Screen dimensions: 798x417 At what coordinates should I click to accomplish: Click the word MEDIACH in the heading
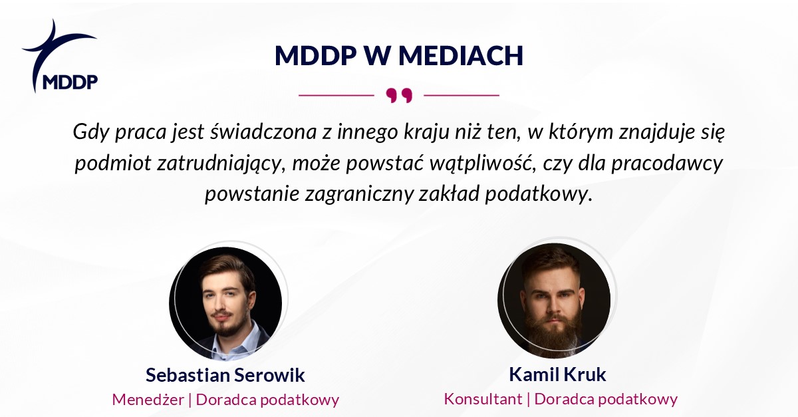pos(461,56)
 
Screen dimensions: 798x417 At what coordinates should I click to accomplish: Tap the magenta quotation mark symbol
pos(399,96)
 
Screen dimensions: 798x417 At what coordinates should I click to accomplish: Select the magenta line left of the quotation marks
pos(336,95)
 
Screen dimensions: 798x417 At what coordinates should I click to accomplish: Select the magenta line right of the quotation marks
pos(462,95)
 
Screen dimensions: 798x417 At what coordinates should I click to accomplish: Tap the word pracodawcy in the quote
pos(667,164)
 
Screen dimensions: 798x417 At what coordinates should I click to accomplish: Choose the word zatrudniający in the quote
pos(221,164)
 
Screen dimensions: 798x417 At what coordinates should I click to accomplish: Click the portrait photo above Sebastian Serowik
pos(226,303)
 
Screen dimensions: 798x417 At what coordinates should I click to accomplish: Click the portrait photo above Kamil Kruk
pos(555,301)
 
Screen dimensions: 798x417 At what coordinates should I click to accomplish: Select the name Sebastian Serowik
pos(225,375)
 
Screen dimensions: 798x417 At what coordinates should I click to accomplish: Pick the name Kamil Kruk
pos(557,374)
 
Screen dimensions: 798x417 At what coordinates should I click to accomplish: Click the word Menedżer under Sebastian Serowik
pos(148,400)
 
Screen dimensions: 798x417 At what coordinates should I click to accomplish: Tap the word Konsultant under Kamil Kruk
pos(483,399)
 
